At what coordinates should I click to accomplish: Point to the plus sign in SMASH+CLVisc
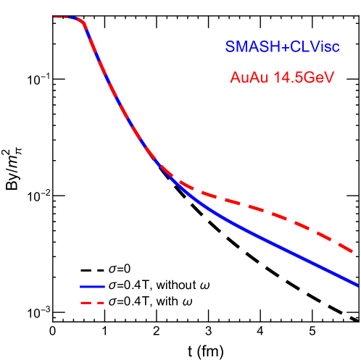coord(286,47)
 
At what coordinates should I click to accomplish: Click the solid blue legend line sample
coord(93,287)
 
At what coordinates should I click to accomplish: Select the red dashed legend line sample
coord(93,302)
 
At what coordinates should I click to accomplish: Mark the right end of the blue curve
coord(357,283)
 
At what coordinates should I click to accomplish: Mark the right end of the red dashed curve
coord(353,251)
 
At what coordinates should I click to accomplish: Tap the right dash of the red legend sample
coord(100,302)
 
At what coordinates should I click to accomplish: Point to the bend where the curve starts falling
coord(84,24)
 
